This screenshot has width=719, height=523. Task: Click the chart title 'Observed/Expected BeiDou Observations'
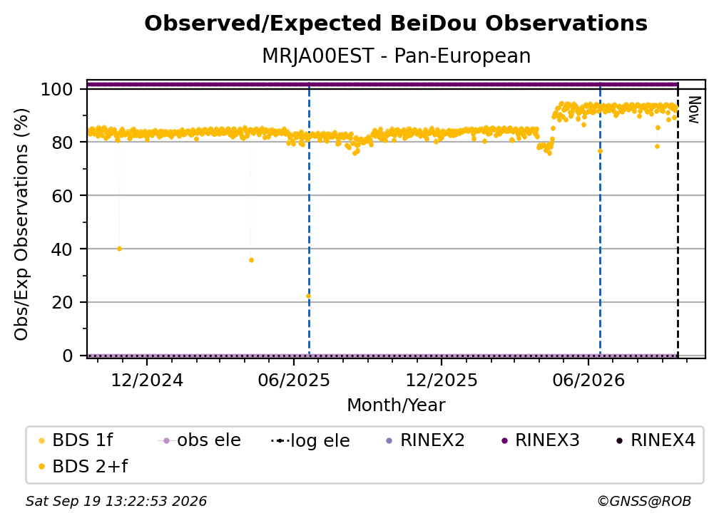click(396, 24)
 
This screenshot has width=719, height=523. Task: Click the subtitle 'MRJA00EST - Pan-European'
click(396, 56)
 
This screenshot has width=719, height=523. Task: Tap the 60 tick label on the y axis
click(62, 195)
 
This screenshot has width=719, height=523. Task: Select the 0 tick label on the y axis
click(68, 356)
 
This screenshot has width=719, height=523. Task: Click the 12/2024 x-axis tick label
click(147, 380)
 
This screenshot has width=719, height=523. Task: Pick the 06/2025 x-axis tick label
click(294, 380)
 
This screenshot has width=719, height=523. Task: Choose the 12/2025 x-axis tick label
click(442, 380)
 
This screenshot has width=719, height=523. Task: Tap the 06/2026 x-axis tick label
click(588, 380)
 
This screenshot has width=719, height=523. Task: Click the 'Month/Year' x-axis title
click(396, 405)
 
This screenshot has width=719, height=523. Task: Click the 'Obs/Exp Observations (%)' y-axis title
click(21, 224)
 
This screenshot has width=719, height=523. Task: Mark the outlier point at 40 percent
click(120, 249)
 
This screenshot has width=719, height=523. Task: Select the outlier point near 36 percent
click(251, 260)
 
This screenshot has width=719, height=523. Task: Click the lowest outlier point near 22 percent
click(308, 296)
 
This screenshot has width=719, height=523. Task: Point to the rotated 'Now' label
click(694, 110)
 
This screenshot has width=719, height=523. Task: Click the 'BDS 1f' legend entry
click(76, 440)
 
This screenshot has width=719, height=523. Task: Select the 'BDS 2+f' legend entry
click(83, 467)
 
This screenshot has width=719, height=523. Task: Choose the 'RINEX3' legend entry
click(541, 440)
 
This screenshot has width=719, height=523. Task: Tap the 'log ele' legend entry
click(310, 441)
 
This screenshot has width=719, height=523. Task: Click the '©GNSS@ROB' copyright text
click(644, 502)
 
